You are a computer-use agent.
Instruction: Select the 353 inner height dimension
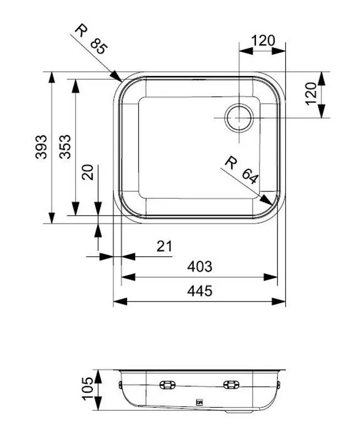pyautogui.click(x=66, y=147)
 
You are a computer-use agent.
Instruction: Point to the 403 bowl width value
pyautogui.click(x=199, y=267)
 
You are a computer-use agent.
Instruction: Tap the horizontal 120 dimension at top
pyautogui.click(x=263, y=41)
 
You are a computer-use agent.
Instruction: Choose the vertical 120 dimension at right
pyautogui.click(x=310, y=94)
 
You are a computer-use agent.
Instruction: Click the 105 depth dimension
pyautogui.click(x=87, y=391)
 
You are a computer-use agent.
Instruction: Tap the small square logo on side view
pyautogui.click(x=200, y=403)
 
